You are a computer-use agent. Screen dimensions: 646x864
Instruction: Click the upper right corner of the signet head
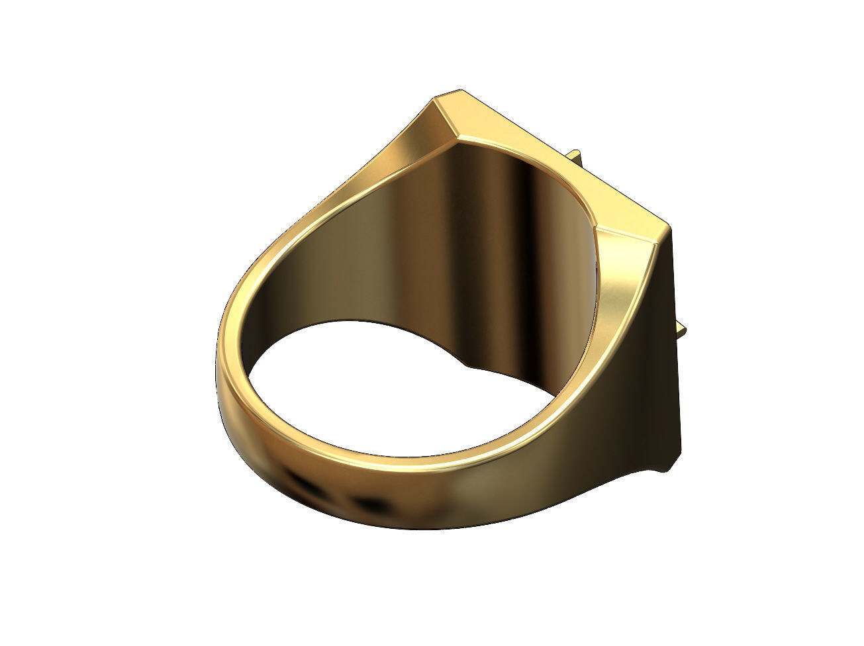669,228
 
